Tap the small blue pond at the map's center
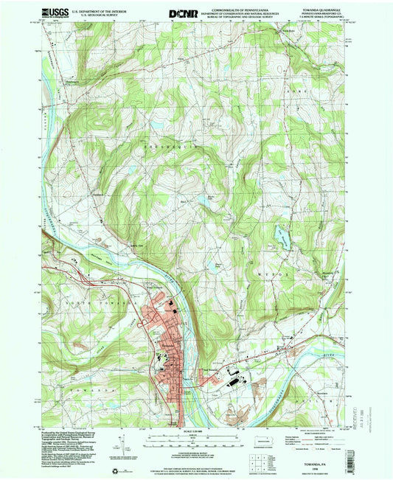pyautogui.click(x=199, y=200)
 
